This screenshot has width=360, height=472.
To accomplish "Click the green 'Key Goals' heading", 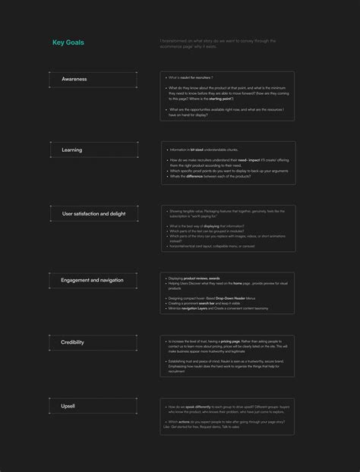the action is [x=68, y=43].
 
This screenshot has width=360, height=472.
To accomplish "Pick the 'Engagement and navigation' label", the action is [x=92, y=280].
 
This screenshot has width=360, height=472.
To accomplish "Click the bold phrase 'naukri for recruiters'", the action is [x=194, y=77].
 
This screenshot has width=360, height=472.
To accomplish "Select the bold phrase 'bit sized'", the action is [x=197, y=149].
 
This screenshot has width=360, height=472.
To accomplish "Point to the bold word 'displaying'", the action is [x=211, y=226].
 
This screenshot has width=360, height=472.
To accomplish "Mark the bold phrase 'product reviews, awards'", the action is [x=200, y=278].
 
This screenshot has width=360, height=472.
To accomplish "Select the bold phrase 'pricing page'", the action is [x=231, y=341].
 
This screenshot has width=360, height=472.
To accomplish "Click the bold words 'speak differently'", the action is [x=196, y=407].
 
